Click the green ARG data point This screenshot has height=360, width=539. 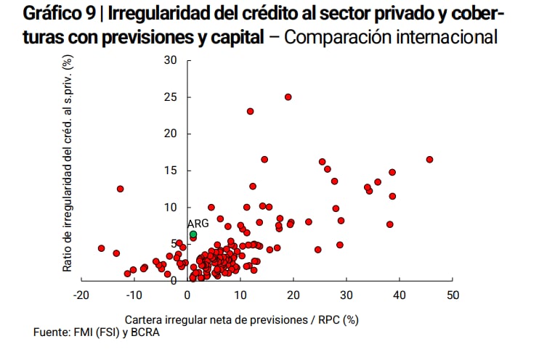coord(193,234)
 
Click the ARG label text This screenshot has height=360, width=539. coord(198,224)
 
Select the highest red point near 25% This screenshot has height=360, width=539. coord(288,97)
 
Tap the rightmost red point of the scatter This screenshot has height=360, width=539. coord(429,160)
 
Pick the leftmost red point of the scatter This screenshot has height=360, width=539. coord(101,248)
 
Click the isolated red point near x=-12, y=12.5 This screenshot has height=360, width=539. coord(121,189)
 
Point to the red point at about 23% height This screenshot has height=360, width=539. coord(250,111)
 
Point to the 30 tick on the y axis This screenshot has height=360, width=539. coord(171,60)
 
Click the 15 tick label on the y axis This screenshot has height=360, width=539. coord(171,171)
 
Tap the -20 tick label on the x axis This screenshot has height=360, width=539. coord(80,295)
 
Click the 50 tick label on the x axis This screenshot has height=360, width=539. coord(453,295)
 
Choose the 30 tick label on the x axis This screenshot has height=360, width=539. coord(346,295)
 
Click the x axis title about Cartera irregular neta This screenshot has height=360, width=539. coord(242,319)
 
